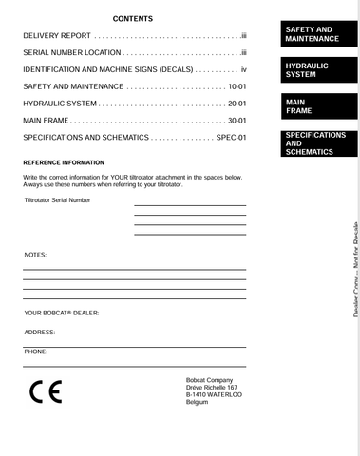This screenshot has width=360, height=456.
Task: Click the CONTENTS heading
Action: [132, 19]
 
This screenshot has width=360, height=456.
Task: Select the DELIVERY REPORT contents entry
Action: [57, 36]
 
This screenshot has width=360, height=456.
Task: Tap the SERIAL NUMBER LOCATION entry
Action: [72, 53]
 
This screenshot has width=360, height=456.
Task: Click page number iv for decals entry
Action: [243, 69]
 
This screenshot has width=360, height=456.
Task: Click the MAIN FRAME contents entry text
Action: [46, 120]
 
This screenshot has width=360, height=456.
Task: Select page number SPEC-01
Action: [231, 137]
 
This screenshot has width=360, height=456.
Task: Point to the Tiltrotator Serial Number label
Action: [58, 200]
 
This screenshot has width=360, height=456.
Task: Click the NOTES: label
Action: [35, 255]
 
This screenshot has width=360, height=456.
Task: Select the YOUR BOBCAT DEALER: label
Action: [61, 313]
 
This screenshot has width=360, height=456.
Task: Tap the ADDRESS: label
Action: [40, 332]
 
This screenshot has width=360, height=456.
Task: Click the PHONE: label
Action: [36, 351]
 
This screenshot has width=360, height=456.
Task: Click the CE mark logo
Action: [46, 392]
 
